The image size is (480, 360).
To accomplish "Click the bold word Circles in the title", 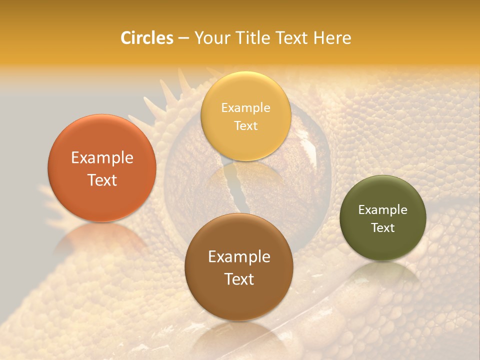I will (146, 38).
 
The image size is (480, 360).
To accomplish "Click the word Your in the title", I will (211, 38).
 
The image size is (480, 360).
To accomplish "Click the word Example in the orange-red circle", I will (102, 158).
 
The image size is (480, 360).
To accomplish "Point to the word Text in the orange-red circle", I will (102, 180).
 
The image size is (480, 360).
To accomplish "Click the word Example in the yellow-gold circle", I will (245, 107).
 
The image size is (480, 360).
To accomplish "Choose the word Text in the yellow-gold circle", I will (245, 125).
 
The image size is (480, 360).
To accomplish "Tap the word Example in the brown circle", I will (239, 257).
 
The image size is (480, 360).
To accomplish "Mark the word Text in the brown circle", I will (239, 279).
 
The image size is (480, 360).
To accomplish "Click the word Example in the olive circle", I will (383, 209).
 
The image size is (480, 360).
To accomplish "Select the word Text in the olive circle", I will (383, 227).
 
